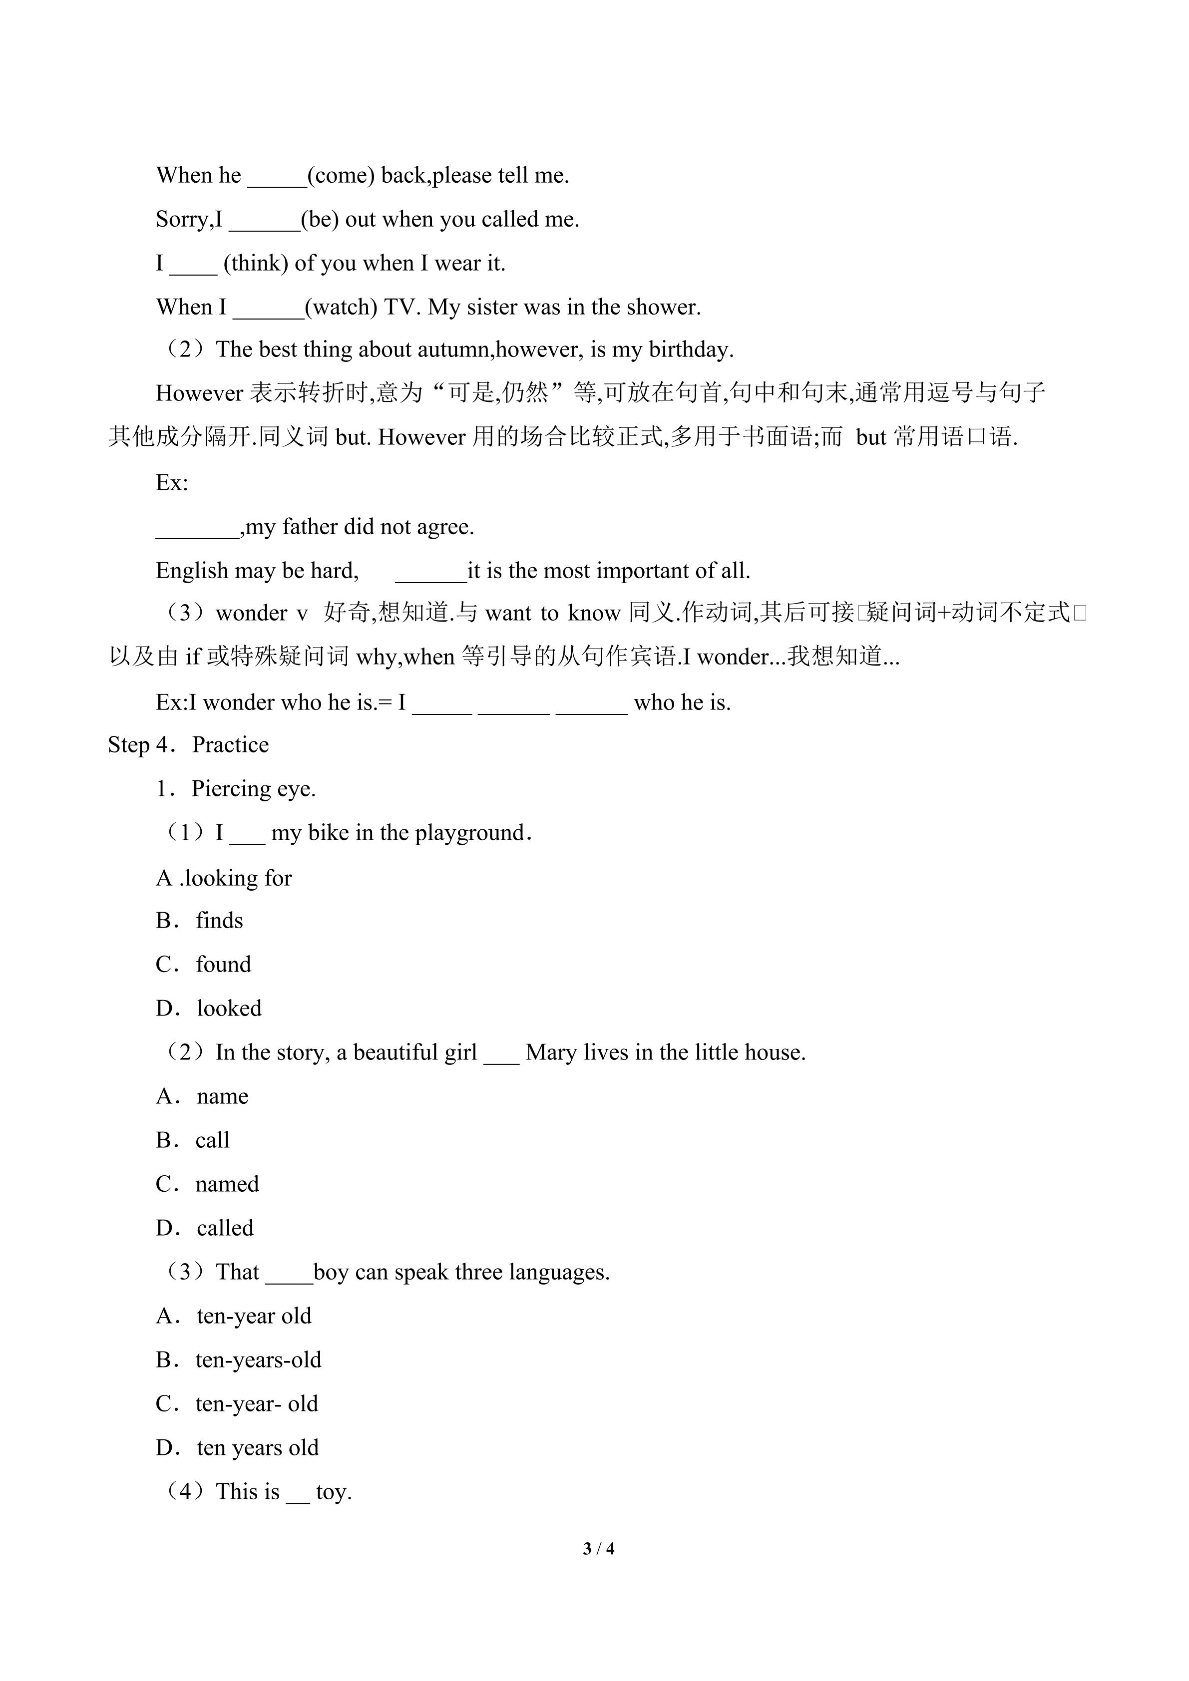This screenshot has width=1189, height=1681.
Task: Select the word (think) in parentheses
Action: [x=256, y=264]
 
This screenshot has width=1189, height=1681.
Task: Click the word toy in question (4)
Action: [x=333, y=1492]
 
